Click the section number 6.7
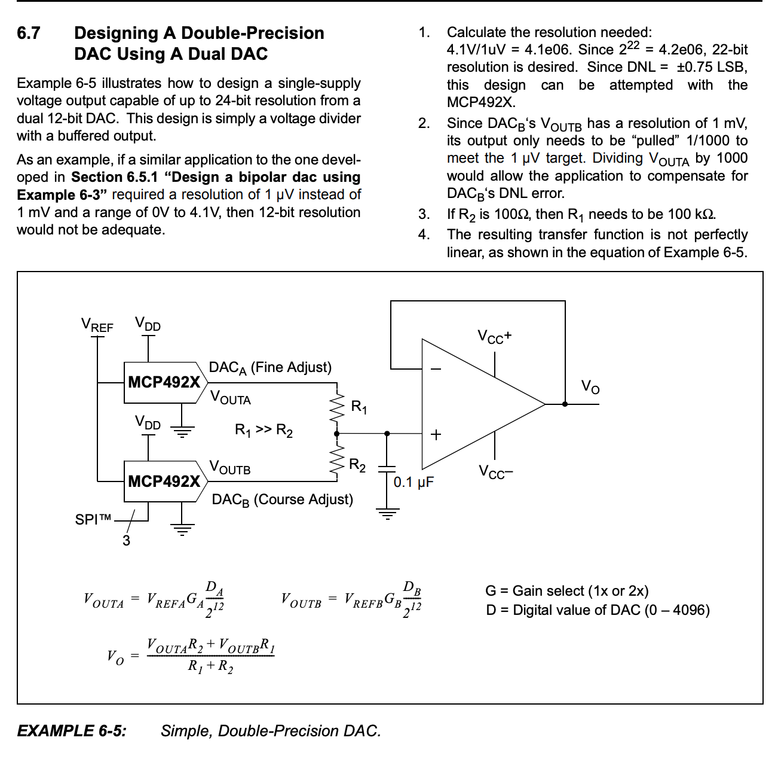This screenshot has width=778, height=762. (29, 33)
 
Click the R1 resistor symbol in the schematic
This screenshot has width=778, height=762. (338, 408)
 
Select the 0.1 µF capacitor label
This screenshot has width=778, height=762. (413, 482)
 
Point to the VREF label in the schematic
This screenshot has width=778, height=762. (97, 325)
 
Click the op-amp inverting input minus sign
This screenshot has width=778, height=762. (436, 369)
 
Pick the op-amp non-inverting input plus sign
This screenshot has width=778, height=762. (436, 435)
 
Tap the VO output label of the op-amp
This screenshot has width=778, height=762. (590, 387)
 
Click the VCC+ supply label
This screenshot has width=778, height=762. (494, 337)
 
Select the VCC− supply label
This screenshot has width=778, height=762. (496, 473)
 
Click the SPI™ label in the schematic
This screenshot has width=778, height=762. (93, 520)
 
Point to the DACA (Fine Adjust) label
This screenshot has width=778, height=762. (270, 368)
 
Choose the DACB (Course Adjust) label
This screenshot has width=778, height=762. (282, 500)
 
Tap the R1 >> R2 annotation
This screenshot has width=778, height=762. (264, 431)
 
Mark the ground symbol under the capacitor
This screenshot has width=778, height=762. (388, 513)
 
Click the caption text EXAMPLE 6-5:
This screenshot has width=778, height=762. (72, 731)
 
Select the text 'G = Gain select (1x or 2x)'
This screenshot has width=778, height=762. (566, 591)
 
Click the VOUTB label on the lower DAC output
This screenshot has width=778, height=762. (230, 468)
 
